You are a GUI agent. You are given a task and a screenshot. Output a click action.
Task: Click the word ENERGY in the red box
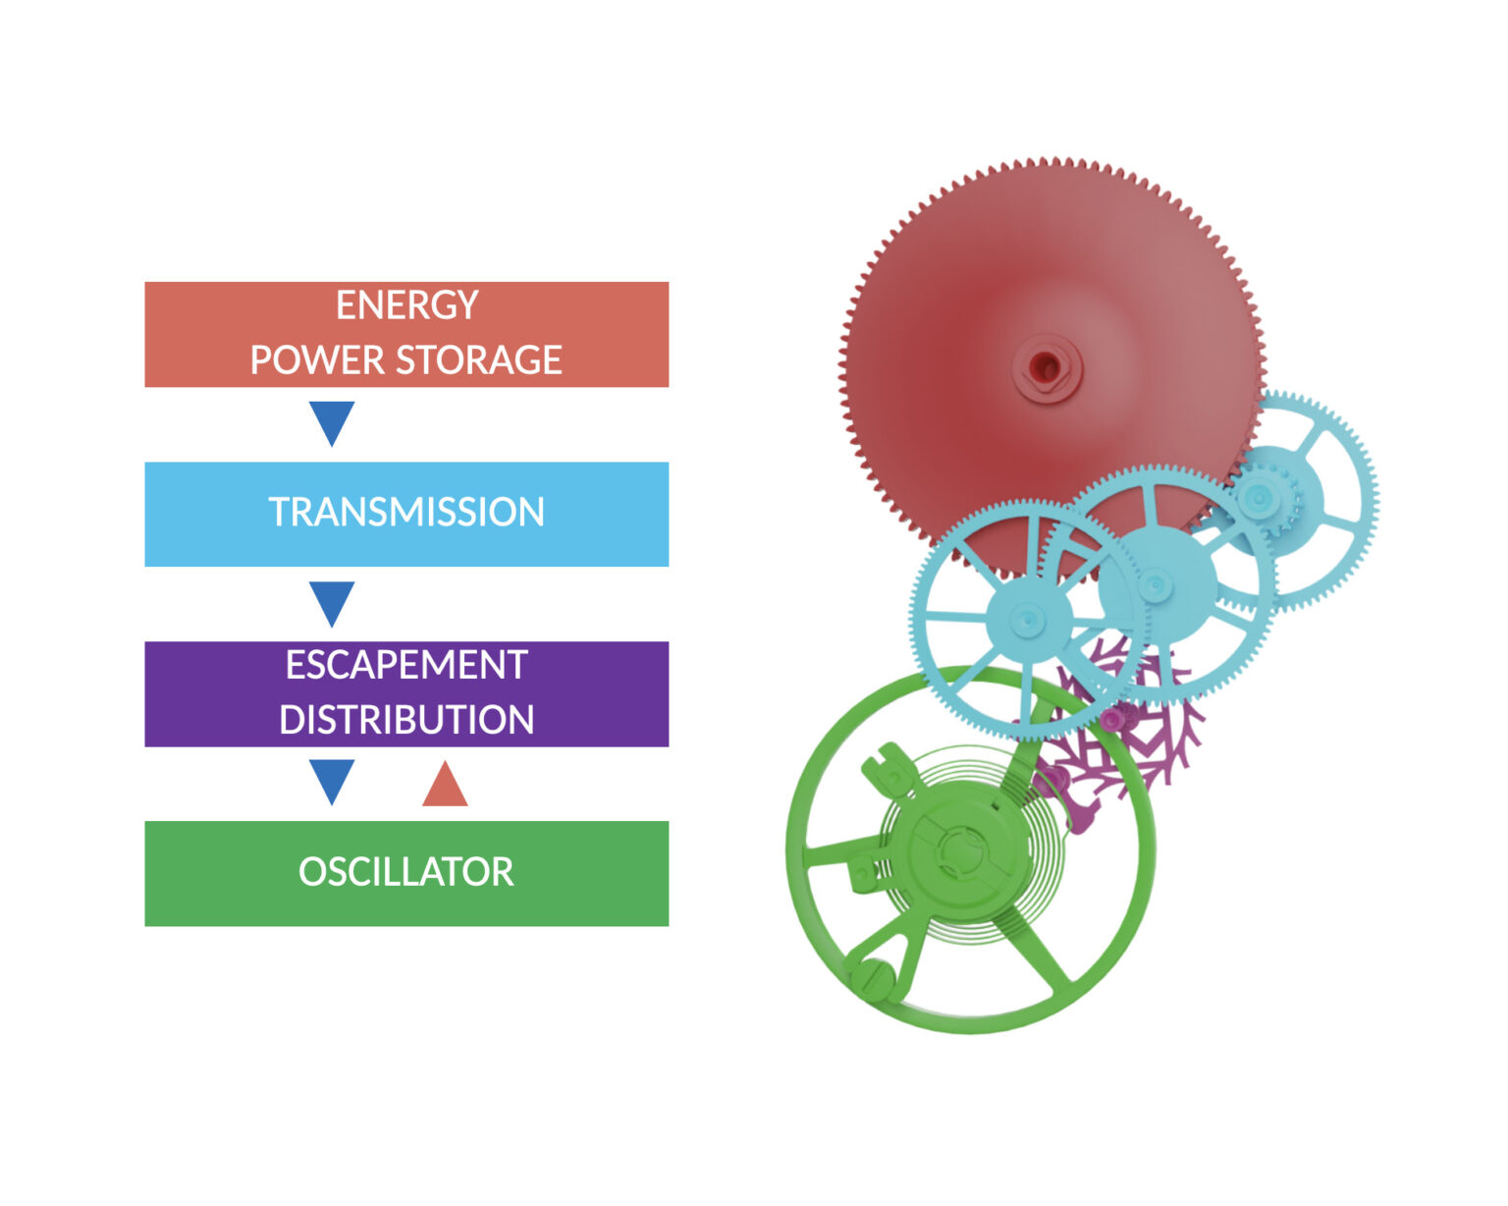click(406, 305)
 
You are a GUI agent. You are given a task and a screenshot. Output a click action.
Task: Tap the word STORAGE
click(478, 359)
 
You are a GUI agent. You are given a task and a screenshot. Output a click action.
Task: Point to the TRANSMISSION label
click(406, 512)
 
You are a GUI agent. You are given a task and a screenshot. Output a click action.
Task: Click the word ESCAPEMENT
click(406, 665)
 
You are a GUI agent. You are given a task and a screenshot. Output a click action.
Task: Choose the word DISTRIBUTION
click(406, 720)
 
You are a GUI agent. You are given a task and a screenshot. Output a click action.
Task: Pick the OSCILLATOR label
click(406, 872)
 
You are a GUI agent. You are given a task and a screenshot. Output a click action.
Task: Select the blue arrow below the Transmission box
click(332, 603)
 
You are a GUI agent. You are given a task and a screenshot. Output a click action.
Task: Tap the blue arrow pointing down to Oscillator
click(332, 781)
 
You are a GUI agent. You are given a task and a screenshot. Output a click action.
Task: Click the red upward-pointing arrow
click(445, 784)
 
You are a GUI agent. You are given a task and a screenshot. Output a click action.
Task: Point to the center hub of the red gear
click(1047, 367)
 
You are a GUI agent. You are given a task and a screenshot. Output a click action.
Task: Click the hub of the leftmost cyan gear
click(1029, 619)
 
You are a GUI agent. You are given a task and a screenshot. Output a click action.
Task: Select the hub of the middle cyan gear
click(1157, 584)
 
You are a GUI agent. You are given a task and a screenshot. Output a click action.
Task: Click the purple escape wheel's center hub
click(1111, 719)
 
